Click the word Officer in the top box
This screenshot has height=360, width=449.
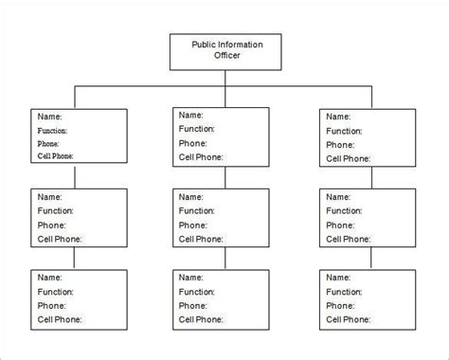pyautogui.click(x=226, y=55)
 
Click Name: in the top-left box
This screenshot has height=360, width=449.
pyautogui.click(x=49, y=117)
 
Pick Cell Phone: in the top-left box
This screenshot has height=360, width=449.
pyautogui.click(x=55, y=156)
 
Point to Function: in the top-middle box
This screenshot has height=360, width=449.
pyautogui.click(x=196, y=129)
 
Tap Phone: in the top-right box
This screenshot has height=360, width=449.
pyautogui.click(x=340, y=145)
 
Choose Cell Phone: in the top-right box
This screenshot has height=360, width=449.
pyautogui.click(x=348, y=158)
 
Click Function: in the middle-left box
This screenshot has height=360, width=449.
pyautogui.click(x=55, y=210)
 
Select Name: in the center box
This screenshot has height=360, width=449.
pyautogui.click(x=190, y=197)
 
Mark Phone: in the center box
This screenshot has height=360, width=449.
pyautogui.click(x=192, y=225)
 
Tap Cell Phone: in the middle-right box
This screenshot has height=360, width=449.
pyautogui.click(x=348, y=239)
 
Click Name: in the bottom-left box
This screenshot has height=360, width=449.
pyautogui.click(x=49, y=278)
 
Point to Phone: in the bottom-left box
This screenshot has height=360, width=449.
pyautogui.click(x=51, y=306)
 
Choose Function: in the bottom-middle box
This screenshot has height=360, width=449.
pyautogui.click(x=196, y=292)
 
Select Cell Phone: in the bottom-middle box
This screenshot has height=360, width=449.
pyautogui.click(x=201, y=319)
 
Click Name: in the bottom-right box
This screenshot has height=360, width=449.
pyautogui.click(x=338, y=278)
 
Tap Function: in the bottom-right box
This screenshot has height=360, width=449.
pyautogui.click(x=344, y=292)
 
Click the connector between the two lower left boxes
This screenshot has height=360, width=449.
pyautogui.click(x=74, y=259)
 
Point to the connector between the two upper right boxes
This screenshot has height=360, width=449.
pyautogui.click(x=371, y=178)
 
